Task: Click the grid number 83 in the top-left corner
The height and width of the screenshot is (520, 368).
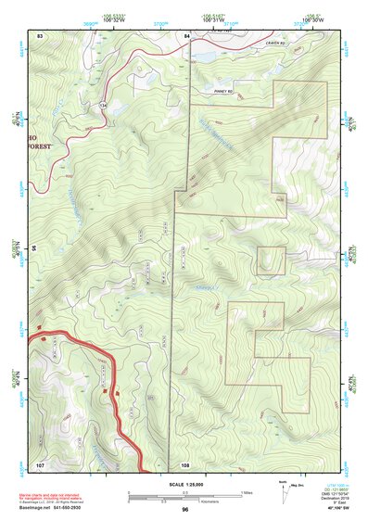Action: [x=40, y=35]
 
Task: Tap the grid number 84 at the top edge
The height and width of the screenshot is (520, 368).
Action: [x=187, y=35]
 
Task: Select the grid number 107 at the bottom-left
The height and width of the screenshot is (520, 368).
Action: [x=40, y=463]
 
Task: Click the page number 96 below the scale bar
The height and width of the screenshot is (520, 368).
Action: [x=185, y=510]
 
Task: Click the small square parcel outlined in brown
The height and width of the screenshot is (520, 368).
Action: [x=271, y=261]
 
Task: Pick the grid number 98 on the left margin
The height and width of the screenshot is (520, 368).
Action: [x=34, y=248]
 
